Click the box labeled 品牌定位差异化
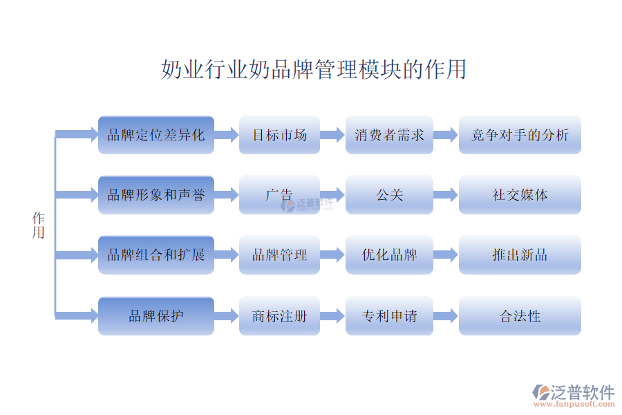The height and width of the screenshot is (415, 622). tap(156, 135)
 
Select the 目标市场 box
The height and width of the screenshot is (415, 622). tap(279, 135)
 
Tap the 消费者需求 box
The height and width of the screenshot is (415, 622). tap(389, 135)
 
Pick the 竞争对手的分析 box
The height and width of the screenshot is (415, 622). tap(520, 135)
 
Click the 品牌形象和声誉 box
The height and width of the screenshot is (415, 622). tap(156, 195)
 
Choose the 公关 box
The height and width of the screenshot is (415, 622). tap(389, 195)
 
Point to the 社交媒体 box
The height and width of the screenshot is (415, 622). tap(520, 195)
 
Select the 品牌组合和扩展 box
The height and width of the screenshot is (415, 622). tap(156, 255)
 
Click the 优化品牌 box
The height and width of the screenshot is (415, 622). tap(389, 255)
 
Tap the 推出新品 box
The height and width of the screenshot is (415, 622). tap(520, 255)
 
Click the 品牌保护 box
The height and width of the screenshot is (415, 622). tap(156, 316)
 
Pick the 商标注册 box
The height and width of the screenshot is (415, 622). tap(279, 316)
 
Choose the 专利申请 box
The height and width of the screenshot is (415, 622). tap(389, 316)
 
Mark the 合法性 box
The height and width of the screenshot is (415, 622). tap(520, 316)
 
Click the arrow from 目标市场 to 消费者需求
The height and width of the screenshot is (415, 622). tap(332, 135)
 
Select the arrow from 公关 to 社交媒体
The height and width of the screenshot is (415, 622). tap(446, 195)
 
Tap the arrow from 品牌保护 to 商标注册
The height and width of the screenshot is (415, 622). tap(226, 316)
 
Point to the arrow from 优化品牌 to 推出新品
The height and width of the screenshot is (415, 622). tap(446, 255)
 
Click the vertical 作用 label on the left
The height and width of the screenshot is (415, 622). tap(38, 225)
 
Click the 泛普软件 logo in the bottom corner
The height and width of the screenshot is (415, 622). tap(573, 393)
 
